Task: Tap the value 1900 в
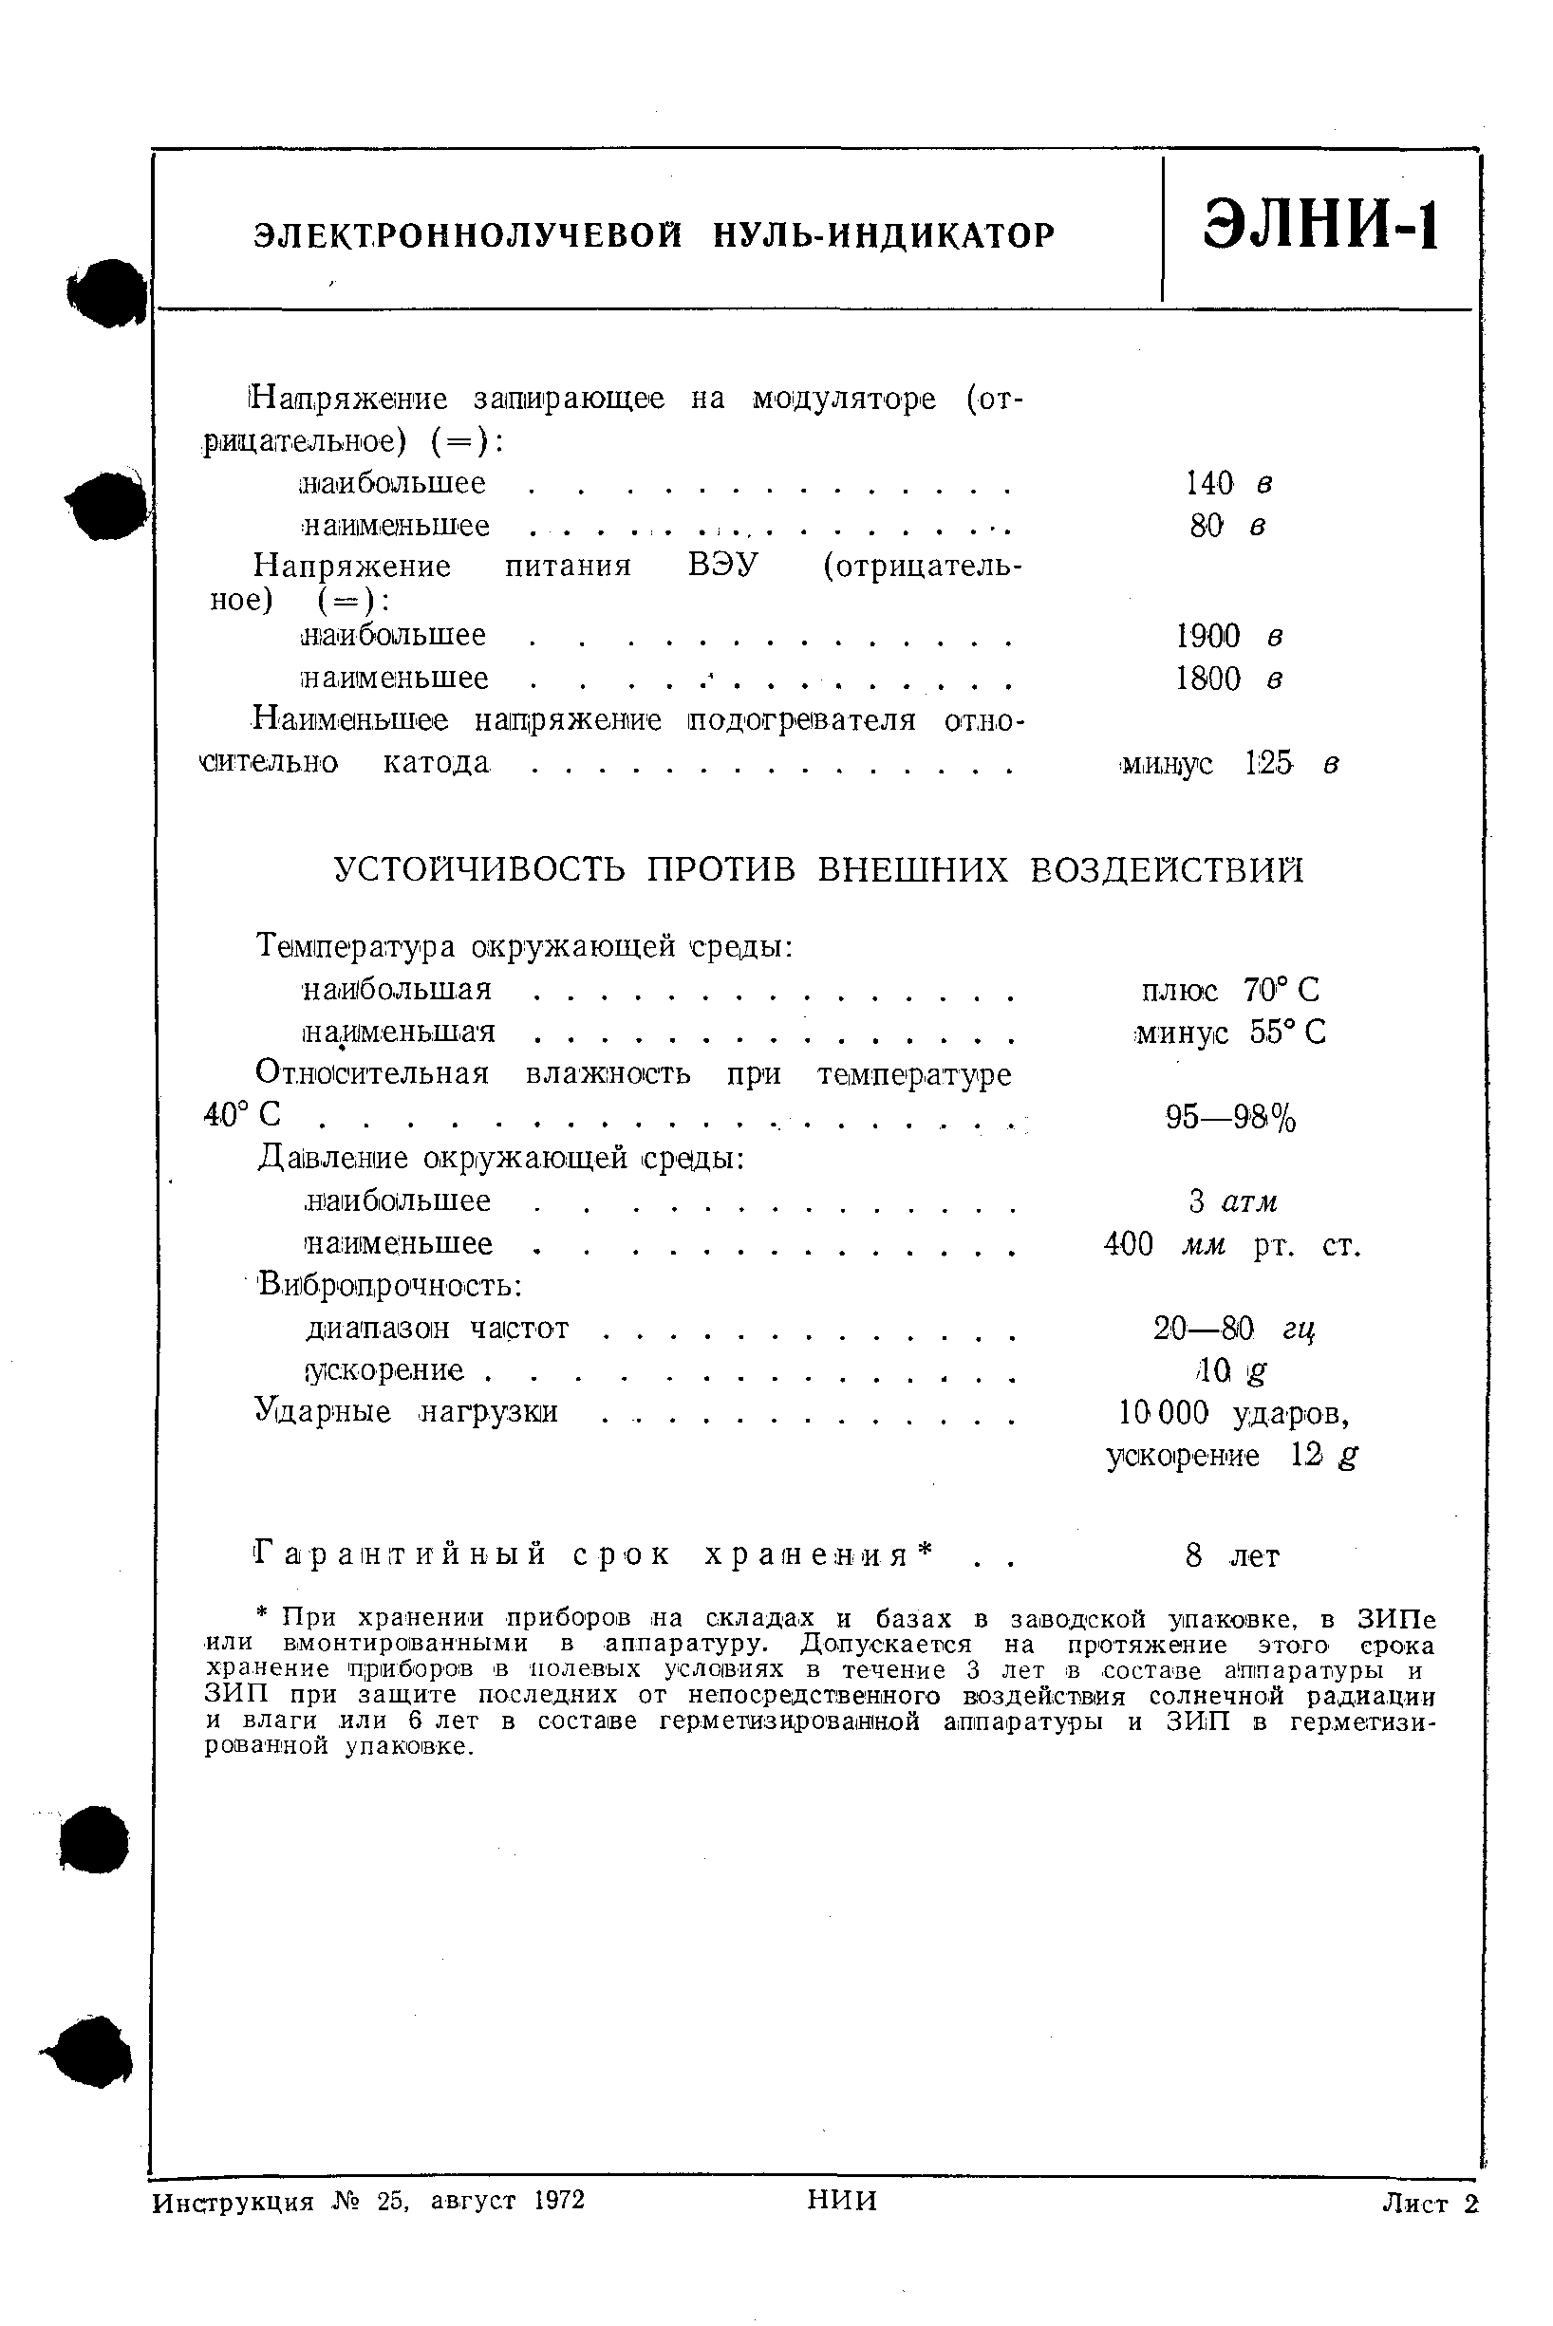click(x=1229, y=636)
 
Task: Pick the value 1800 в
click(x=1229, y=679)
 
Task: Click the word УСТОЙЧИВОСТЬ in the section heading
click(x=479, y=869)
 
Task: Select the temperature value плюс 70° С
click(x=1230, y=989)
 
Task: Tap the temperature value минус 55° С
click(x=1230, y=1033)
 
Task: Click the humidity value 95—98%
click(x=1230, y=1118)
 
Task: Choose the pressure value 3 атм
click(x=1233, y=1201)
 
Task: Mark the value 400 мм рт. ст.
click(x=1232, y=1244)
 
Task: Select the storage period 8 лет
click(x=1232, y=1556)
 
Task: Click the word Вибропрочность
click(x=389, y=1285)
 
